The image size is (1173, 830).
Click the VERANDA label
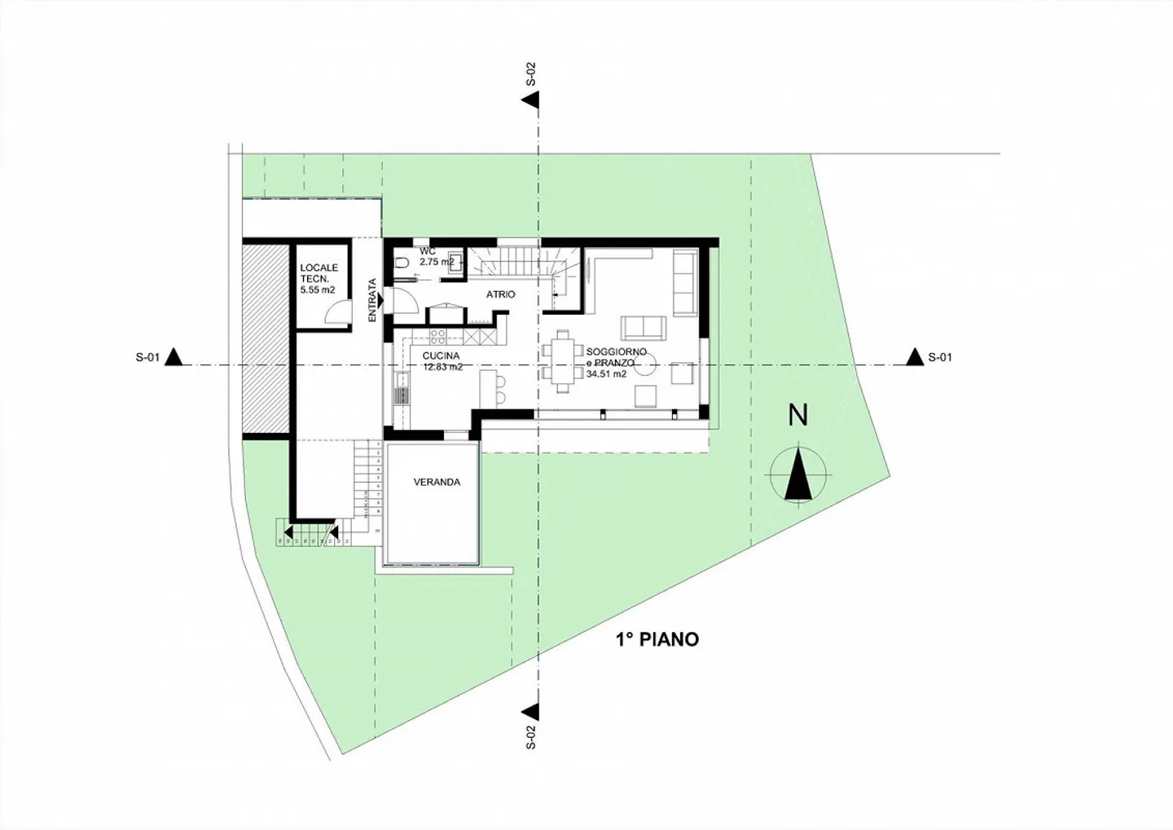coord(437,482)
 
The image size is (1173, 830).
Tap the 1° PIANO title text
coord(657,639)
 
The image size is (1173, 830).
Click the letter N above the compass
coord(798,415)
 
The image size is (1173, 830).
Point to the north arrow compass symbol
coord(798,474)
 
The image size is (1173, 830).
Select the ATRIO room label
coord(501,294)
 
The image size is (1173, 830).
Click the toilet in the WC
coord(402,263)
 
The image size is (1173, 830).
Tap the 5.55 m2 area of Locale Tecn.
coord(318,289)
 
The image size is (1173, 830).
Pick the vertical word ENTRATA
coord(372,300)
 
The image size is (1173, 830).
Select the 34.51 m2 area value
coord(606,374)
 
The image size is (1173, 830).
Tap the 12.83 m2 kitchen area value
coord(442,367)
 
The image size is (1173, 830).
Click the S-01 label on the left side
coord(147,357)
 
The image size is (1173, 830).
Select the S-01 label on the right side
coord(939,357)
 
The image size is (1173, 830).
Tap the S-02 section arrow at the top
coord(531,99)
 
